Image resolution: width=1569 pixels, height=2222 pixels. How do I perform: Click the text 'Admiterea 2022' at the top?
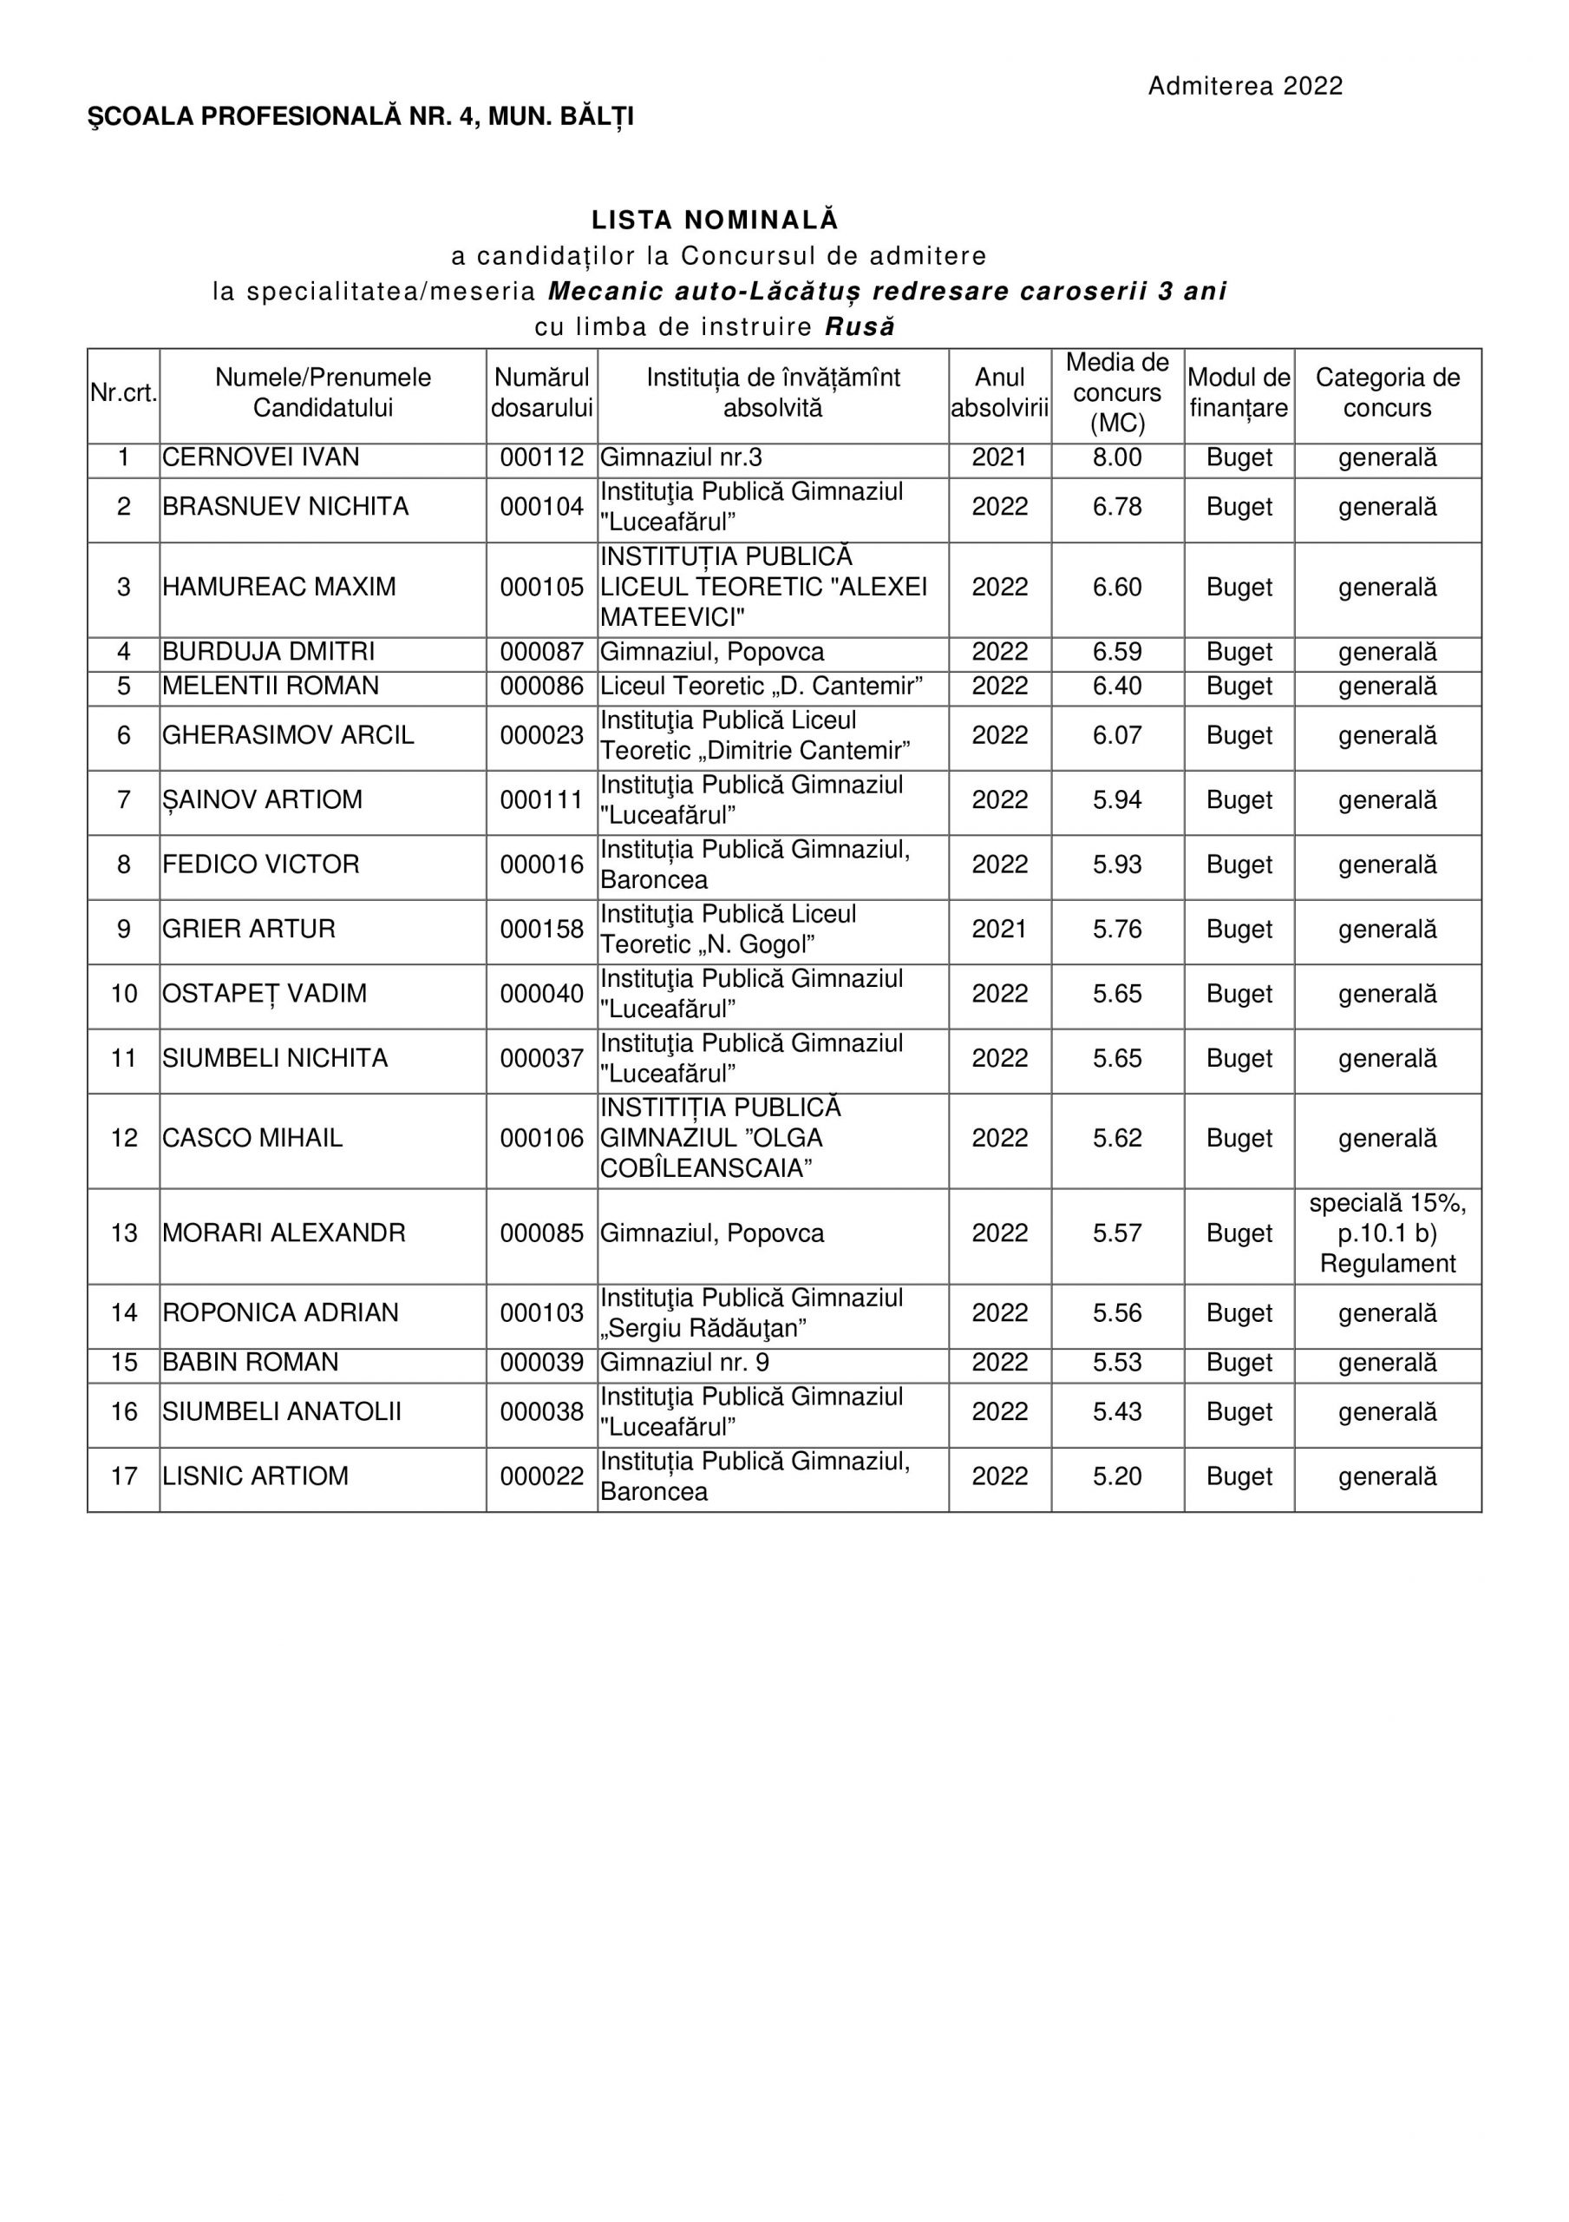click(1245, 87)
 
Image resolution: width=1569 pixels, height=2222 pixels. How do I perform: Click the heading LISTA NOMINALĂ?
click(715, 220)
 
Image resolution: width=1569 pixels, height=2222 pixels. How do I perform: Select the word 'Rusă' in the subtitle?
click(860, 327)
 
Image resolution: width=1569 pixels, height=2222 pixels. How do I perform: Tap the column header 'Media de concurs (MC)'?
click(1117, 393)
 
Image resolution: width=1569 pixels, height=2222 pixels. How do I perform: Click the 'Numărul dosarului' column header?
click(542, 393)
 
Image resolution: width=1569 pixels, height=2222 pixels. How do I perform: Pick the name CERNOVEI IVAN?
click(261, 457)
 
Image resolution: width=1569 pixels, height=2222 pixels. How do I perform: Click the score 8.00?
click(1117, 457)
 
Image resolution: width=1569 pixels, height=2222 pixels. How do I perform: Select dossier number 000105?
click(542, 588)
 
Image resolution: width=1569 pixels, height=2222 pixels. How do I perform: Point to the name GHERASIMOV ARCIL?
click(288, 735)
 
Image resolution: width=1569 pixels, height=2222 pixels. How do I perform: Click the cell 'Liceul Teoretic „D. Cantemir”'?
click(762, 687)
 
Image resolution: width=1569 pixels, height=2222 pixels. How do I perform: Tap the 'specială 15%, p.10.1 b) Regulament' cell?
click(1387, 1234)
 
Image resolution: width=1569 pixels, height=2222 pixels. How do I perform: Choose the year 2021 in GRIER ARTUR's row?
click(999, 930)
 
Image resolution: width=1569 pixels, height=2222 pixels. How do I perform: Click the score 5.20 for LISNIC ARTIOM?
click(1117, 1476)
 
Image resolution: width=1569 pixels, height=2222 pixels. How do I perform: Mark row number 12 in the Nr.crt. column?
click(124, 1138)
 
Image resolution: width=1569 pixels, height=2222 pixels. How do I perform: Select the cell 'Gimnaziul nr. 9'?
click(685, 1363)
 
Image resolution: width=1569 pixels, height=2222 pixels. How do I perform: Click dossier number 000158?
click(542, 930)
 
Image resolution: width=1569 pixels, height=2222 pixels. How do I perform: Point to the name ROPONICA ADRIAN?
click(280, 1313)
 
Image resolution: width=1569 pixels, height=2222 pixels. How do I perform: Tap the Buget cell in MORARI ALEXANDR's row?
click(1239, 1234)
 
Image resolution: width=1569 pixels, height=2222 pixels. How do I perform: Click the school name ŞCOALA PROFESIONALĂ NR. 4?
click(284, 117)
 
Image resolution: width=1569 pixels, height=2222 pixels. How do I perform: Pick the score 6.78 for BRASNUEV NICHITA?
click(1117, 507)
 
